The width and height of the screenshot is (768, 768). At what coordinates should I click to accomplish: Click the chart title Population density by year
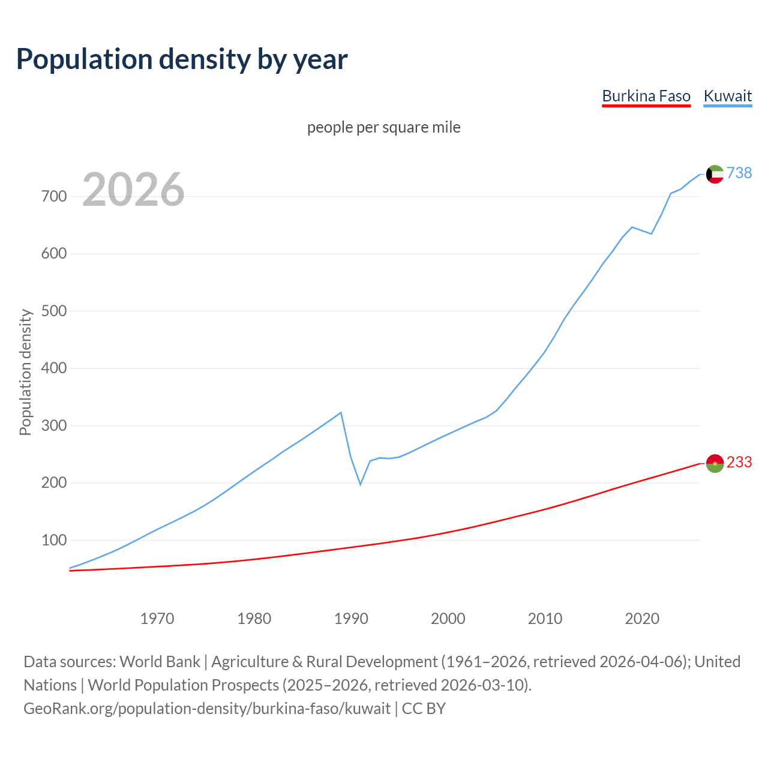click(182, 59)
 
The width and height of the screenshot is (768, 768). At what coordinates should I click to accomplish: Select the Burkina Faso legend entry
click(646, 96)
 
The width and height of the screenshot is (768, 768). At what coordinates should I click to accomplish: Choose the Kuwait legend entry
click(727, 96)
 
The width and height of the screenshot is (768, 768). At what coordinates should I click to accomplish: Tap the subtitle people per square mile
click(383, 127)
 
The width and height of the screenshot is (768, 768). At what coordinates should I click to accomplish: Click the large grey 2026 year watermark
click(133, 190)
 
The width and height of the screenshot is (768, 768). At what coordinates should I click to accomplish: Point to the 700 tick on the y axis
click(54, 196)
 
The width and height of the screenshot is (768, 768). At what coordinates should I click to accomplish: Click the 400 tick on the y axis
click(54, 368)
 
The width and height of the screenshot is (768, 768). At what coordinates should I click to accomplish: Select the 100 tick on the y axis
click(54, 540)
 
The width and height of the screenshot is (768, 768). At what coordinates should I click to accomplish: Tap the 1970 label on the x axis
click(157, 618)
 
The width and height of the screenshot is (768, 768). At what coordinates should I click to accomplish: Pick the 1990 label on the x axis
click(351, 618)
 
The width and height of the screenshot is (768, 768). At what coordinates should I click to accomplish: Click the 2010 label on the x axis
click(545, 618)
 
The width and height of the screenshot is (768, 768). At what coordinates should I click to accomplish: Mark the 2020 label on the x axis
click(642, 618)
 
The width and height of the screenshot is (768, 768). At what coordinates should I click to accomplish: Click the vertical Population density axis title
click(25, 372)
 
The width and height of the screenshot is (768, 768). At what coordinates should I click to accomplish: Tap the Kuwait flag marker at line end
click(715, 174)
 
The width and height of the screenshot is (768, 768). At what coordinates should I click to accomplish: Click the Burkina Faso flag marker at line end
click(715, 463)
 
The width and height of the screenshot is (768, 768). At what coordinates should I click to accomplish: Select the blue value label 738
click(739, 173)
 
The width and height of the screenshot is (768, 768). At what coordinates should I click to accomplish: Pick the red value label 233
click(739, 462)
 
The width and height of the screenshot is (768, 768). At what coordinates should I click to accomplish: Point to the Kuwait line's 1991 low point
click(361, 484)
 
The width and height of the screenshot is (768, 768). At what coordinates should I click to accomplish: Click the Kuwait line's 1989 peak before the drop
click(341, 413)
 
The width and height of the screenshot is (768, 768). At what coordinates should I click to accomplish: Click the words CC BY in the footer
click(424, 708)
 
